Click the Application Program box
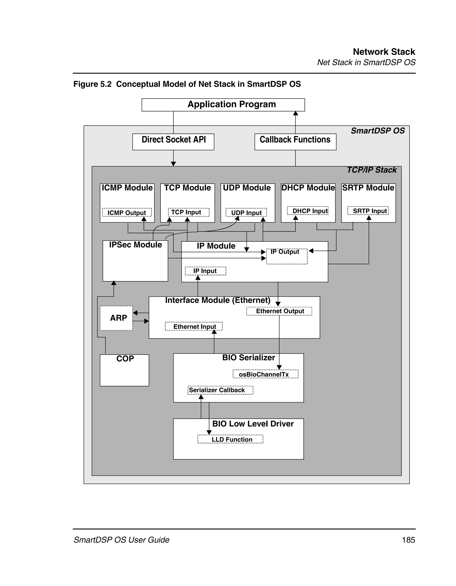click(223, 105)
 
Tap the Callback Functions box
click(295, 142)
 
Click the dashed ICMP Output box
click(127, 213)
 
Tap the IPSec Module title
click(135, 245)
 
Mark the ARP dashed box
click(116, 318)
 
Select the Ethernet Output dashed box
click(279, 311)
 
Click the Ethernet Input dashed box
click(193, 326)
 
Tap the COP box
click(124, 370)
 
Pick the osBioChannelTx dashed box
click(265, 374)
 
